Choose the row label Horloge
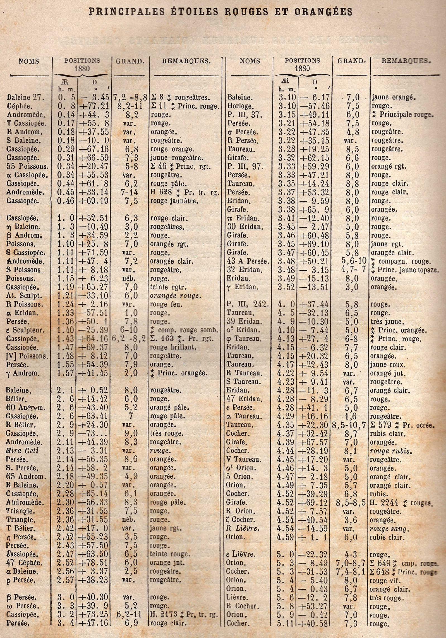point(240,106)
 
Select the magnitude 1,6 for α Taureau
point(351,416)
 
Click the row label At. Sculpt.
point(23,296)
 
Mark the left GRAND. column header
point(130,61)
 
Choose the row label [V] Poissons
point(27,356)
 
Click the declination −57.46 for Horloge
point(314,106)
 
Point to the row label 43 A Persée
point(248,261)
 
